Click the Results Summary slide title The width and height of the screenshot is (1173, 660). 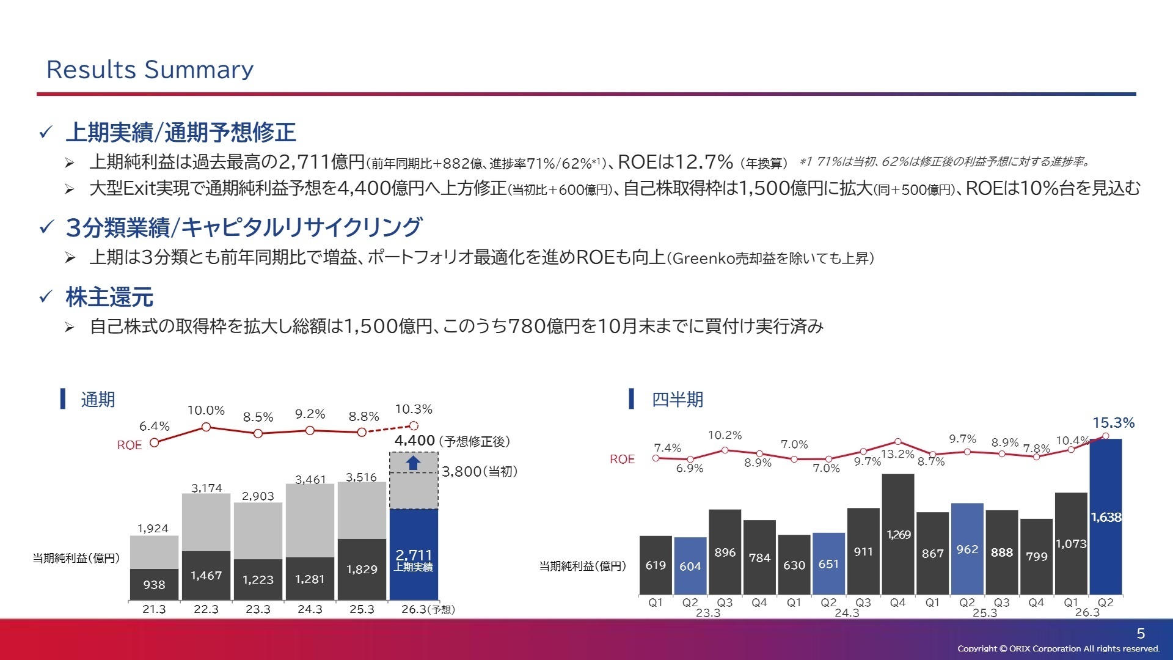[150, 70]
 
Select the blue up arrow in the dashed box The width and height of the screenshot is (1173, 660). [414, 463]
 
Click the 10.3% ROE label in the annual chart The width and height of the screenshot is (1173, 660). [414, 409]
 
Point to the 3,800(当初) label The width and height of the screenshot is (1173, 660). [480, 472]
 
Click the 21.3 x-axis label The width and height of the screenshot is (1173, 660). [154, 609]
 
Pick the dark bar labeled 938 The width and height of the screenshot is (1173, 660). [154, 584]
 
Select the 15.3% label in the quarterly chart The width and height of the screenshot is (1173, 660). [1113, 423]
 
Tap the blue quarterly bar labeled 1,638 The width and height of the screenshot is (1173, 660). [1106, 517]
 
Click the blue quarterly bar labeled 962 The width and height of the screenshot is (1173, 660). [967, 549]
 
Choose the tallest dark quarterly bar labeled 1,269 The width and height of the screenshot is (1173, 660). [898, 534]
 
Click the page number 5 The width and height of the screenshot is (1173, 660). [1141, 634]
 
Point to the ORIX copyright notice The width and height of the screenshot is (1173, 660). [1058, 649]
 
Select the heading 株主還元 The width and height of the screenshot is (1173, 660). [109, 298]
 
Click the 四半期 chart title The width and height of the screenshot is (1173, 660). [677, 400]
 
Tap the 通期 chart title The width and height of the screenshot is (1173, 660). [98, 400]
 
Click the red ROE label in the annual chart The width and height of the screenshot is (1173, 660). [129, 446]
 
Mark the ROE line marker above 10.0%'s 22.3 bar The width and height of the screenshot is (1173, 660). [206, 427]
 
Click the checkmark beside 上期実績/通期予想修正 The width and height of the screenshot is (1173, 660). [46, 132]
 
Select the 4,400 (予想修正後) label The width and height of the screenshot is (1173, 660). [451, 441]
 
